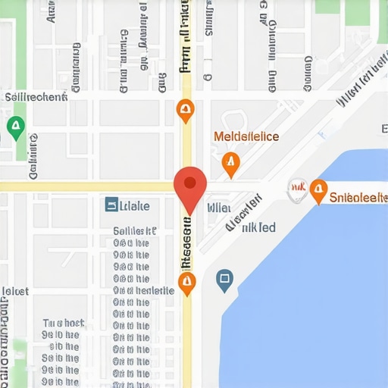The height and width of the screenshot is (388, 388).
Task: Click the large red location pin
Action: tap(190, 184)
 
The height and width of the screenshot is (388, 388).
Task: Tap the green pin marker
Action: tap(14, 127)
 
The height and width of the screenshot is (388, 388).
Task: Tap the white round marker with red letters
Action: tap(297, 189)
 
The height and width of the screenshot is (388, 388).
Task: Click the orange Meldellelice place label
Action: tap(246, 137)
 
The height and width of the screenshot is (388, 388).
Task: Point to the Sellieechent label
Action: tap(36, 97)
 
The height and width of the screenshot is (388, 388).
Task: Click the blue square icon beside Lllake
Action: tap(111, 205)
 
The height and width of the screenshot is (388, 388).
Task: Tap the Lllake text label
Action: tap(136, 205)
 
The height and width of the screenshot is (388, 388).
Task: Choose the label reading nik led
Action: tap(258, 227)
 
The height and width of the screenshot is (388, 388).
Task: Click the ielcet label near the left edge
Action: tap(15, 291)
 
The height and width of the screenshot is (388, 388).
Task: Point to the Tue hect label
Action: tap(63, 321)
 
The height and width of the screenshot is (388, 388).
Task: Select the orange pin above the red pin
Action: tap(184, 111)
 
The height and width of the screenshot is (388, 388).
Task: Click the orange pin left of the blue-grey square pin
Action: tap(186, 283)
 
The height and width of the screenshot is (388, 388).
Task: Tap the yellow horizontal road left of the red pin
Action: tap(83, 186)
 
